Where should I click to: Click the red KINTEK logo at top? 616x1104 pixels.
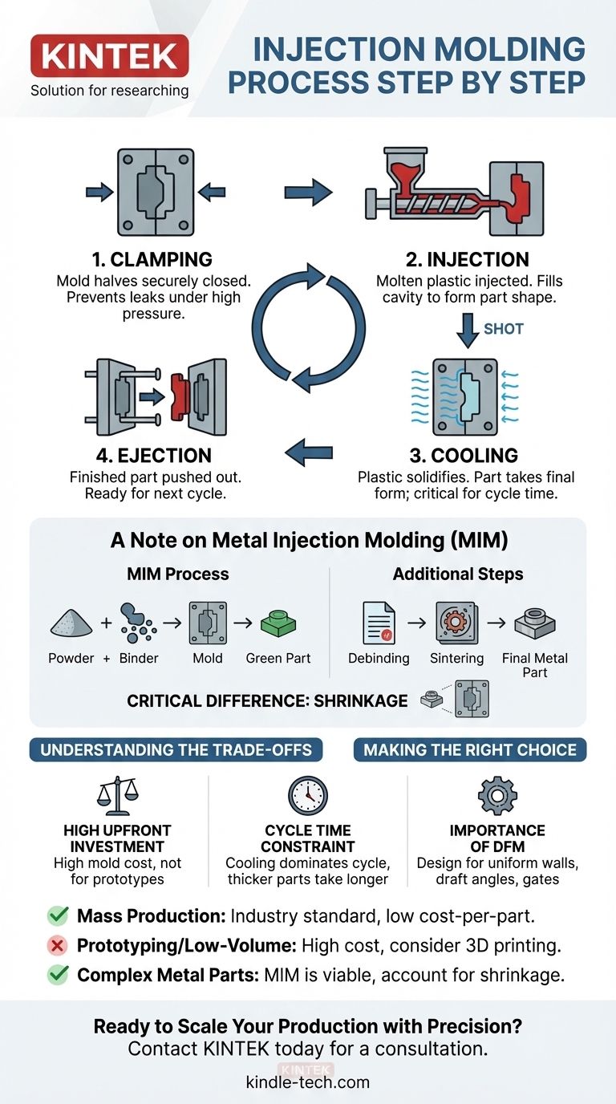[109, 56]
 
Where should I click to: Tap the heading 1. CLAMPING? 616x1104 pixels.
[152, 259]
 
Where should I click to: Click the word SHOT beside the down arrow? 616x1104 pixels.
[504, 329]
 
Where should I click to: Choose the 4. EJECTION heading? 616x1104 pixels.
[155, 455]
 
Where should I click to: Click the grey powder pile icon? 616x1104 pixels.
[71, 622]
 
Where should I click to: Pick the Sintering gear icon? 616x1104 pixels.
[456, 623]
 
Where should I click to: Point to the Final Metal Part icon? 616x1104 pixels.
[535, 622]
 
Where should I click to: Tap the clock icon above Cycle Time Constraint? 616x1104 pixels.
[308, 796]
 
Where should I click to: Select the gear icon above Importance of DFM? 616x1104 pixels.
[497, 796]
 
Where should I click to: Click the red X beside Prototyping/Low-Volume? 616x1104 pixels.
[58, 945]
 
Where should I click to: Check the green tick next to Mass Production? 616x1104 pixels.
[58, 915]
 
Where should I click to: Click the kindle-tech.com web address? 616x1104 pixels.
[308, 1082]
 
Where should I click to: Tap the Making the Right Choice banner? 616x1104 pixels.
[470, 750]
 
